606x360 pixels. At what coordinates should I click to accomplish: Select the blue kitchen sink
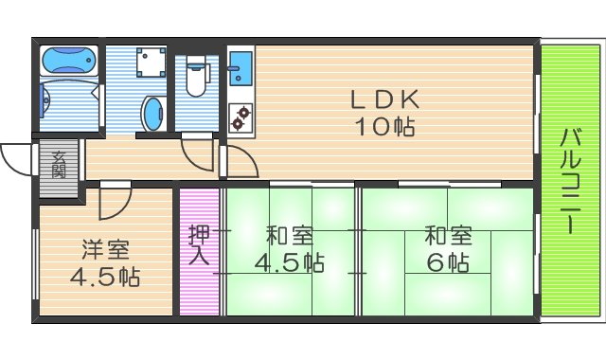coord(238,68)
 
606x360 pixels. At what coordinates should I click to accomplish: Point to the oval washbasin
coord(151,115)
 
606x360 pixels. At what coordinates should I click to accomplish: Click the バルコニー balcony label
coord(570,181)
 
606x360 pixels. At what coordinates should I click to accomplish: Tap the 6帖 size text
coord(446,261)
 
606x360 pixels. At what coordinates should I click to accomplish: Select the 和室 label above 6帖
coord(446,234)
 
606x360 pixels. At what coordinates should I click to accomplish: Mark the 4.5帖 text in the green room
coord(290,261)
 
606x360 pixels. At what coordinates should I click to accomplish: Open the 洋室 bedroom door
coord(115,201)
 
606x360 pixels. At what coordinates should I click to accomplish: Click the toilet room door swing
coord(197,152)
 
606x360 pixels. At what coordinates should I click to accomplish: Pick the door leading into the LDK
coord(241,162)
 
